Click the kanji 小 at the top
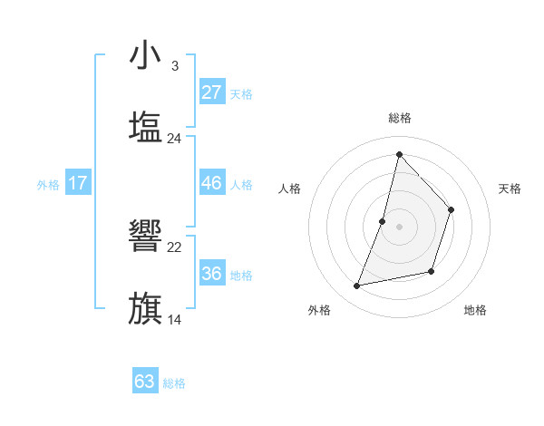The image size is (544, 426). (145, 55)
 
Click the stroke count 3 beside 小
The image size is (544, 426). (174, 66)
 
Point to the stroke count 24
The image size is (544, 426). (175, 138)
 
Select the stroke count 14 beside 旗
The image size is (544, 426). (175, 319)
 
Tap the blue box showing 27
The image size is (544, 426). (211, 92)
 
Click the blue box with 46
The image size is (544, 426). (211, 183)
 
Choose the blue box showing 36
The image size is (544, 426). (211, 274)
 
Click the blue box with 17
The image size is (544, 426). (78, 183)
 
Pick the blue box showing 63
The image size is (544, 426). (145, 382)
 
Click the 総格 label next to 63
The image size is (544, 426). (174, 383)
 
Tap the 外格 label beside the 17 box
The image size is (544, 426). (48, 185)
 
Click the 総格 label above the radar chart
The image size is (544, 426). (400, 118)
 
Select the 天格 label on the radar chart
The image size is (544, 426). (510, 189)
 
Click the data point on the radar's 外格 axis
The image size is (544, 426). (357, 286)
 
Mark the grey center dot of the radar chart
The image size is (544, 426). (400, 227)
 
